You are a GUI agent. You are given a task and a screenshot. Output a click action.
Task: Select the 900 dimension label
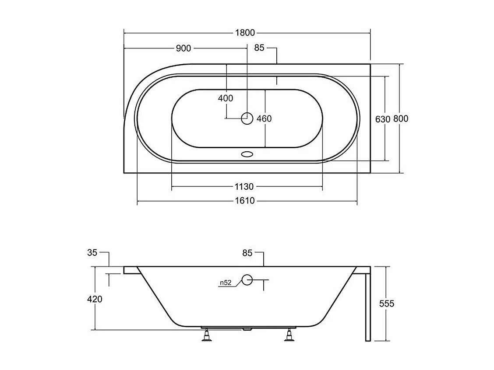[183, 48]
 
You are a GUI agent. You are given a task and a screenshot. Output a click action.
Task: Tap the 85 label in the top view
[259, 48]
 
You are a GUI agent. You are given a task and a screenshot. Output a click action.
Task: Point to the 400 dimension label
[226, 98]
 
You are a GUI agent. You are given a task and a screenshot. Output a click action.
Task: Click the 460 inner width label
[264, 119]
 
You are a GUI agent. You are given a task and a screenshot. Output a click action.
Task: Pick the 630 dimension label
[383, 119]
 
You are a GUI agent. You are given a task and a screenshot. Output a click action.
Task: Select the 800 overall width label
[401, 119]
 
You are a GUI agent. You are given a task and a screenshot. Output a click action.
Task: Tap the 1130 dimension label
[244, 187]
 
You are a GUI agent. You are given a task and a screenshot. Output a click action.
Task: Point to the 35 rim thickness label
[92, 252]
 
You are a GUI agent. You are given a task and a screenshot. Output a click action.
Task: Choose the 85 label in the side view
[247, 252]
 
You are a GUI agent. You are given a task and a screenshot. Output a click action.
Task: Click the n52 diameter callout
[225, 283]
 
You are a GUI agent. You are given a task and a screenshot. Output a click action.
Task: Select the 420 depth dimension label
[95, 299]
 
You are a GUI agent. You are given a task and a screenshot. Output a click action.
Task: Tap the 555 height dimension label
[387, 304]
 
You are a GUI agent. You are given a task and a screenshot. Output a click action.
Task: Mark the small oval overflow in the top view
[247, 154]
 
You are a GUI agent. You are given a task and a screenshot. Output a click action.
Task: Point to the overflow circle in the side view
[247, 280]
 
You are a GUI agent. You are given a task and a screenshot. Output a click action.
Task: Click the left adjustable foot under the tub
[206, 335]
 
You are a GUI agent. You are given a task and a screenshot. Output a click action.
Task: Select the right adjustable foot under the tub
[289, 335]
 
